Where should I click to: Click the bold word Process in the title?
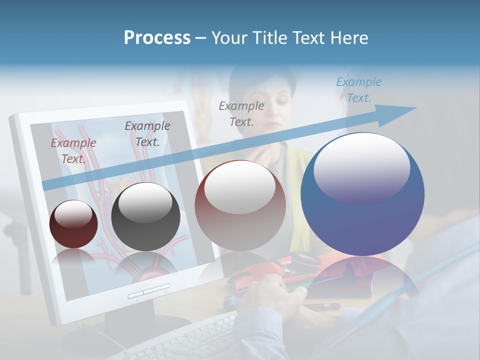pos(157,38)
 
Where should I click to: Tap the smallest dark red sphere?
pos(73,224)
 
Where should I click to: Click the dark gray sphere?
pos(145,217)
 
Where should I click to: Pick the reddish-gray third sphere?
pos(240,206)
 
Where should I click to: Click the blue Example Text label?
pos(358,90)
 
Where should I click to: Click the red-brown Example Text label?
pos(73,151)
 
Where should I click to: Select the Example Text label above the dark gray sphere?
pos(147,134)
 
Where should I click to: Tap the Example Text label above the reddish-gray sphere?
pos(241,113)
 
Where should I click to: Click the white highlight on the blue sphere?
pos(361,167)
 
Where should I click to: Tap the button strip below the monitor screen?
pos(148,291)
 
